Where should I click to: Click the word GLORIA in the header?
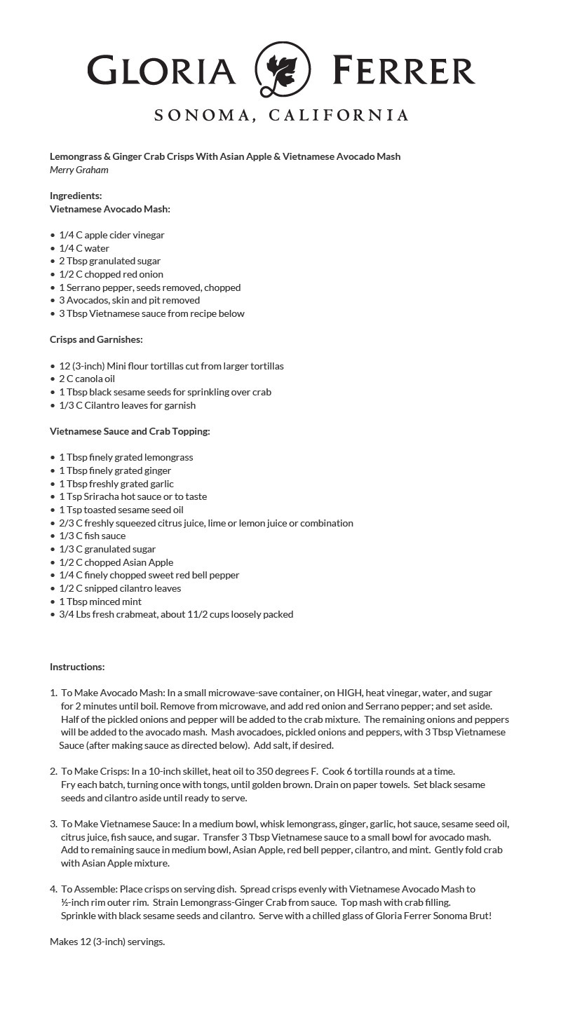162,72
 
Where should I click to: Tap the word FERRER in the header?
404,72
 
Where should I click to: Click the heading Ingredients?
76,196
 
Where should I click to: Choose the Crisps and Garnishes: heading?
96,339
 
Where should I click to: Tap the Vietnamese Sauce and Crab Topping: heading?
130,431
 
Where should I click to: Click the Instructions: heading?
77,667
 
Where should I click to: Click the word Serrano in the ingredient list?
84,287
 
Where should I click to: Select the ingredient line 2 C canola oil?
87,379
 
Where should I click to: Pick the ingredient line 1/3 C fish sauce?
93,536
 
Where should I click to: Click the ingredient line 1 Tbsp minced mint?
100,602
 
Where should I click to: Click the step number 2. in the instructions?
54,771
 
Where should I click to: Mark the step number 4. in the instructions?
54,889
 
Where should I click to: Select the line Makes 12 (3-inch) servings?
107,942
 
